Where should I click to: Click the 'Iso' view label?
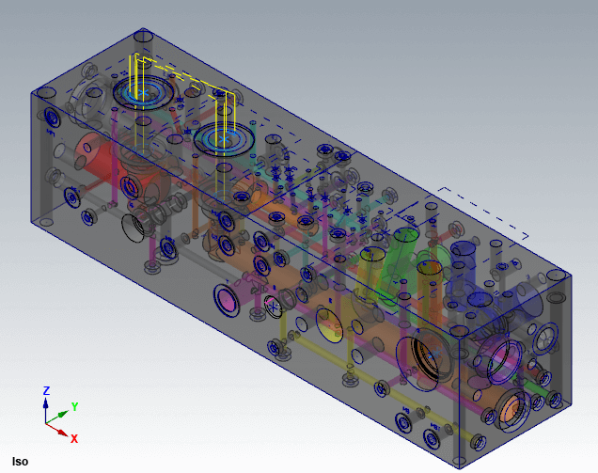20,462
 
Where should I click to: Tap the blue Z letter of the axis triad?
46,390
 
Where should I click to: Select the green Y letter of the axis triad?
75,406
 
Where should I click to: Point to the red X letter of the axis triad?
74,438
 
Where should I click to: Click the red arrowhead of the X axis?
63,433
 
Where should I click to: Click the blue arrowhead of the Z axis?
46,403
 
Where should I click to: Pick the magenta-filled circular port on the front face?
227,300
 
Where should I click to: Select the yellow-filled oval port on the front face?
329,325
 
